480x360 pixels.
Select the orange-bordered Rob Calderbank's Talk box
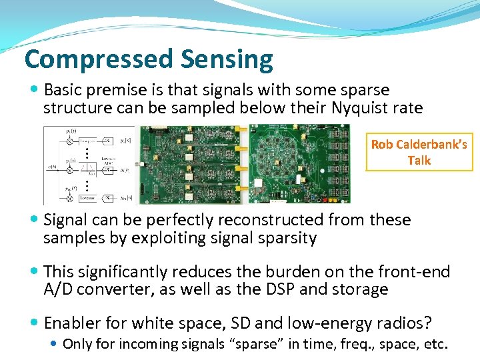coord(419,152)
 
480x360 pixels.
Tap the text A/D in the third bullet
coord(57,289)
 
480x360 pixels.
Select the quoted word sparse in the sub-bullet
coord(257,344)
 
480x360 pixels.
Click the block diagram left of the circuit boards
coord(89,165)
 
